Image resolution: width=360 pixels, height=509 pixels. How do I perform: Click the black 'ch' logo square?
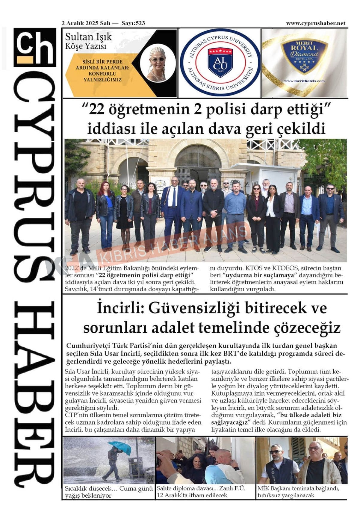pyautogui.click(x=35, y=47)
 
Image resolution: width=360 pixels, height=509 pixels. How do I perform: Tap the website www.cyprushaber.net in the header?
pyautogui.click(x=315, y=23)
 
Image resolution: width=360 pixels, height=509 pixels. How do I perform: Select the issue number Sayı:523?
pyautogui.click(x=133, y=23)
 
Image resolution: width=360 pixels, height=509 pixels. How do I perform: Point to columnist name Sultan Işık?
pyautogui.click(x=88, y=37)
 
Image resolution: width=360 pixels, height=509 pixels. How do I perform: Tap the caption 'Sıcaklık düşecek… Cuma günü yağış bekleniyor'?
pyautogui.click(x=109, y=492)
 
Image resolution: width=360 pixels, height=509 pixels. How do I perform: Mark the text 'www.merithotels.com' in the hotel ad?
pyautogui.click(x=304, y=81)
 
